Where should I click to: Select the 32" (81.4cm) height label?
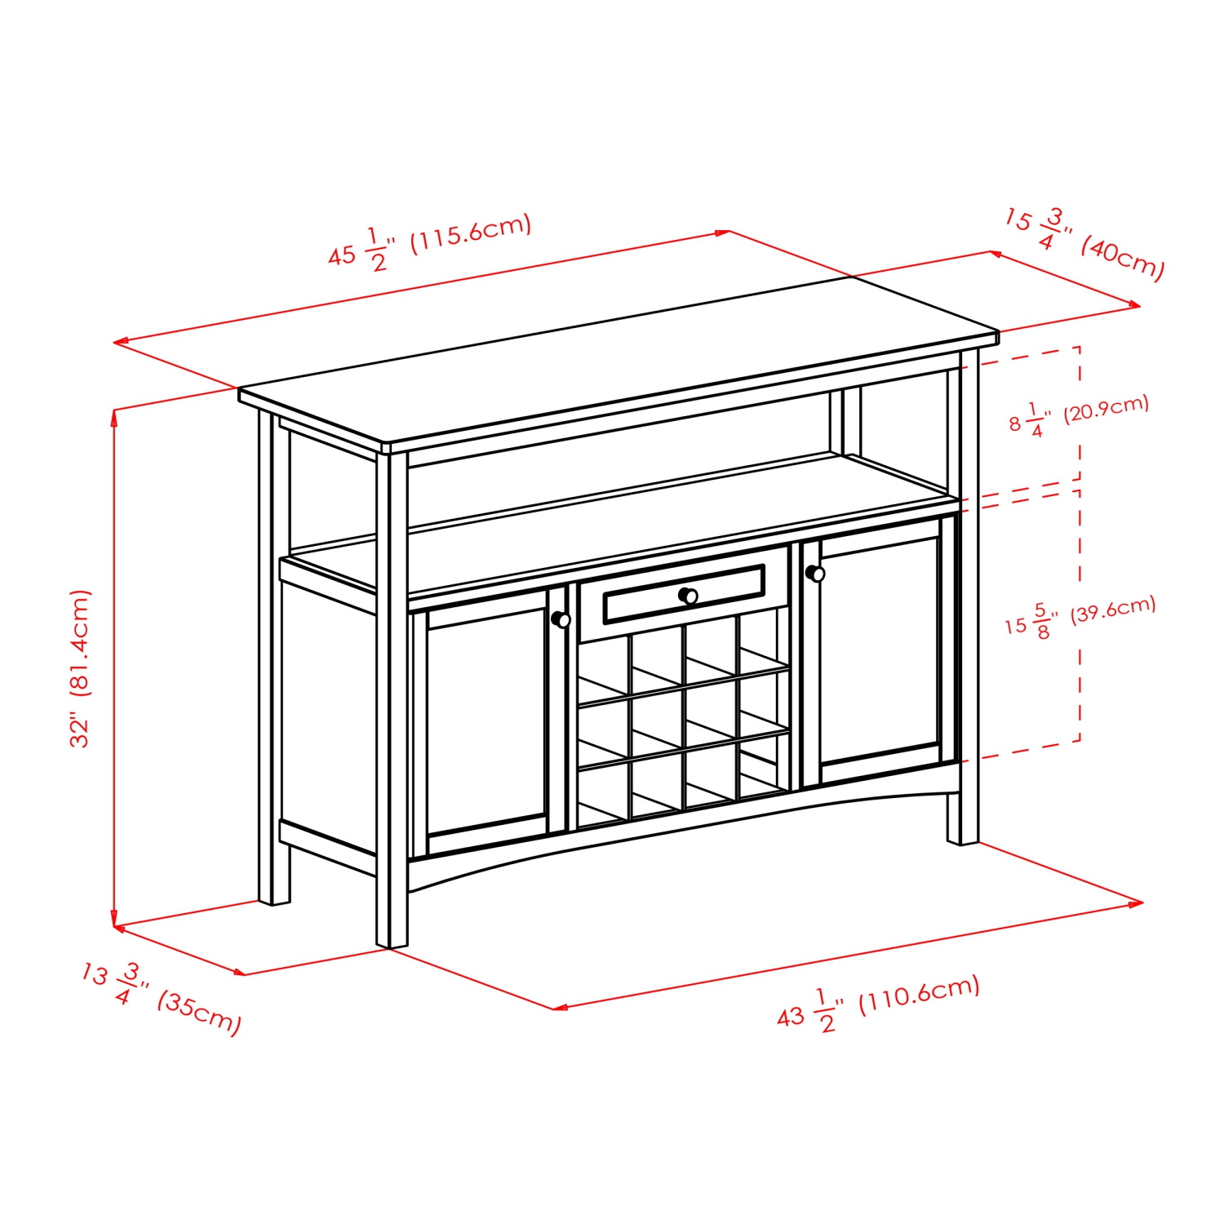point(80,668)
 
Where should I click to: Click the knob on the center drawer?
point(689,596)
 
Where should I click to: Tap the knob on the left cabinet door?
point(561,619)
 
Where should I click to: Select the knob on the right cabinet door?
point(815,574)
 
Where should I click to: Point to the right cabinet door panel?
point(880,650)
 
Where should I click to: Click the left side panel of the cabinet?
point(328,710)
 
